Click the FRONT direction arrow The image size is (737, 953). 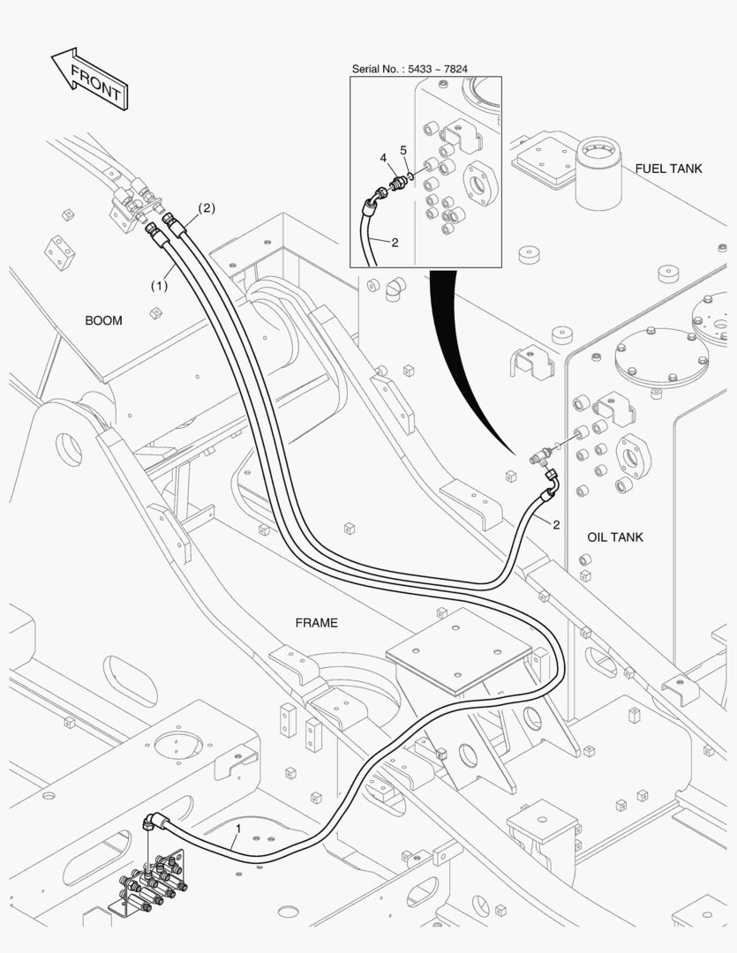(90, 79)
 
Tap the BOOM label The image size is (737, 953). (103, 320)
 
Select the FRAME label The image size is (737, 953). (316, 623)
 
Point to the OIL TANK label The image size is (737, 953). (615, 537)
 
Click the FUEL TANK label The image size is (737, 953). (668, 169)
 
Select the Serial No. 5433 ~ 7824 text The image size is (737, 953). (410, 69)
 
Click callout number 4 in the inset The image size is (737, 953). (383, 158)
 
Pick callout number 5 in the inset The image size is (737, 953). (403, 150)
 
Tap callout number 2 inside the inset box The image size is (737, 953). (395, 243)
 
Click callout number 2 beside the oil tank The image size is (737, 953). (556, 524)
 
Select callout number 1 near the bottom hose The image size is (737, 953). (238, 829)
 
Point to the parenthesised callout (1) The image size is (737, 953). (160, 284)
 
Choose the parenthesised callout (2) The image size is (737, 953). (207, 208)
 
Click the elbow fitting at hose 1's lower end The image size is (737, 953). (153, 822)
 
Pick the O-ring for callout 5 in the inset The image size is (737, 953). (411, 176)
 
